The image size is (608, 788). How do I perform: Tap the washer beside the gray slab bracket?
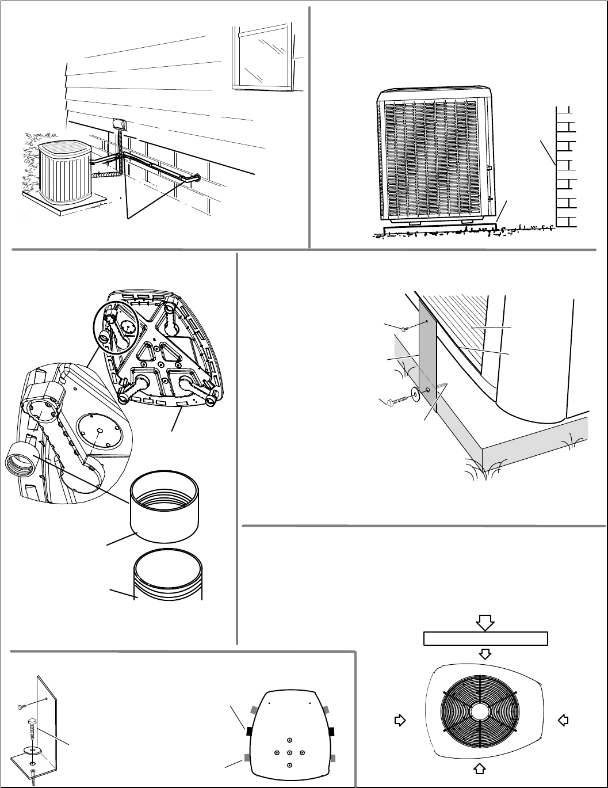pyautogui.click(x=415, y=395)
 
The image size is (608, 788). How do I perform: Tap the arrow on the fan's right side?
pyautogui.click(x=564, y=719)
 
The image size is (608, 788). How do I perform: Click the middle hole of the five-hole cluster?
pyautogui.click(x=289, y=752)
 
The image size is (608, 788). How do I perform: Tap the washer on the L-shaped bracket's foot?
pyautogui.click(x=32, y=749)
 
